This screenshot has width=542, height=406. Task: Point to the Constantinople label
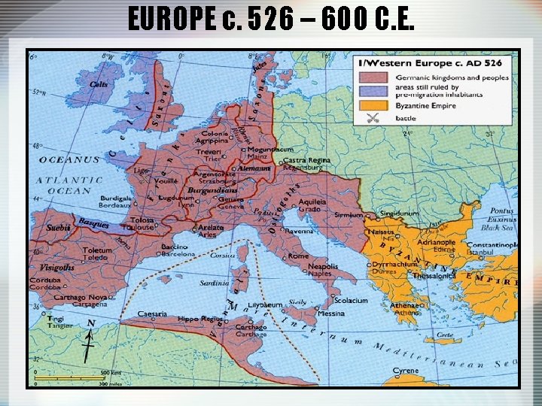(x=492, y=245)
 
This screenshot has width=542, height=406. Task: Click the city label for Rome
(x=298, y=256)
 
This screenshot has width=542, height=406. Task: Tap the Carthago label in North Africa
(x=251, y=327)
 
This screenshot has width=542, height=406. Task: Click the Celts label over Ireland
(x=99, y=84)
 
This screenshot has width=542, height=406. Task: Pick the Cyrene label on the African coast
(x=406, y=370)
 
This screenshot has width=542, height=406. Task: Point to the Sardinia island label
(x=215, y=283)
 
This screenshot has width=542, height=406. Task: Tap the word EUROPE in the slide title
(x=179, y=19)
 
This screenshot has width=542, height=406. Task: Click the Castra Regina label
(x=306, y=160)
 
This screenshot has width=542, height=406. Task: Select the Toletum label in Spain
(x=98, y=250)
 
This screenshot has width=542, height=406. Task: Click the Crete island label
(x=444, y=335)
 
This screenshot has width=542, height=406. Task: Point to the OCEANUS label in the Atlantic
(x=69, y=159)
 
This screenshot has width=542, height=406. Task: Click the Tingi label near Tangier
(x=56, y=317)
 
